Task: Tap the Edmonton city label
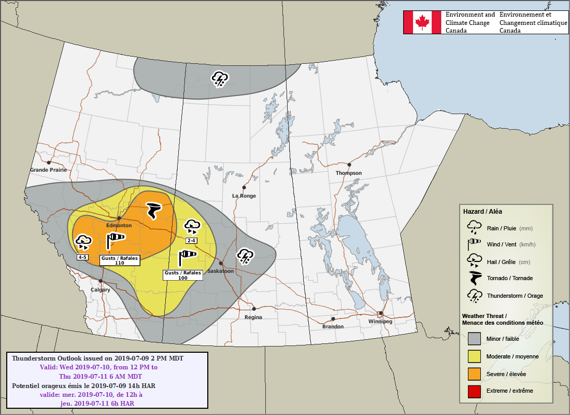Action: pyautogui.click(x=119, y=226)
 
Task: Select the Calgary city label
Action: pyautogui.click(x=101, y=290)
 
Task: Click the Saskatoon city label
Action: pyautogui.click(x=220, y=271)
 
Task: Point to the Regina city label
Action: pyautogui.click(x=253, y=317)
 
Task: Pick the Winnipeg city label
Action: pyautogui.click(x=380, y=322)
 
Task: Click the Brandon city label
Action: pyautogui.click(x=333, y=327)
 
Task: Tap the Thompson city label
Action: pyautogui.click(x=349, y=173)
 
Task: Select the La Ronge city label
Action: pyautogui.click(x=244, y=196)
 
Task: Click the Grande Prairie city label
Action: pyautogui.click(x=48, y=170)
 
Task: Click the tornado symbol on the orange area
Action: pyautogui.click(x=154, y=210)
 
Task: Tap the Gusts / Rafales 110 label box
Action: pyautogui.click(x=120, y=260)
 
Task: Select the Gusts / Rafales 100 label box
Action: pyautogui.click(x=183, y=275)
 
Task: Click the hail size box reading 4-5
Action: pyautogui.click(x=83, y=257)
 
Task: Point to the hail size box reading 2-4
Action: pyautogui.click(x=191, y=241)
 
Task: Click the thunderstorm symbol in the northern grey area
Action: pyautogui.click(x=220, y=79)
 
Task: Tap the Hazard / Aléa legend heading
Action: pyautogui.click(x=482, y=212)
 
